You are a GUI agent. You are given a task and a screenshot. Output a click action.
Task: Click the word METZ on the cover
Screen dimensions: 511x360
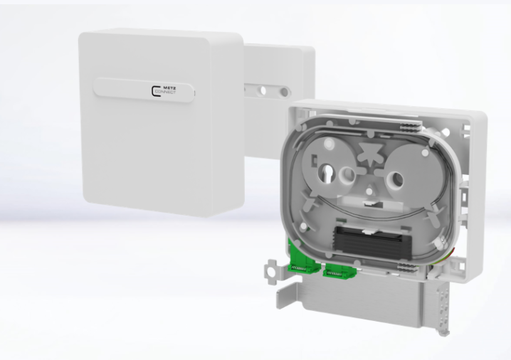(x=169, y=88)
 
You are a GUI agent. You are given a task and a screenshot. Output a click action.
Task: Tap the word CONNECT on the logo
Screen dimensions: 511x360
(x=165, y=92)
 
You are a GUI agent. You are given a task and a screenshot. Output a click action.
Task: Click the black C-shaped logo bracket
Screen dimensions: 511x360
(x=154, y=91)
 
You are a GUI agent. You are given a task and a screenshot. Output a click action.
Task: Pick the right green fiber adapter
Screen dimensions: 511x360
(x=337, y=270)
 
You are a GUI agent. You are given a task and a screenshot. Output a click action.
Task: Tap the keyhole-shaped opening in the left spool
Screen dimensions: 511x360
(x=326, y=173)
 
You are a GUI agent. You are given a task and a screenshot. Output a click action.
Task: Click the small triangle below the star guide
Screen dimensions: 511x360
(x=370, y=189)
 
